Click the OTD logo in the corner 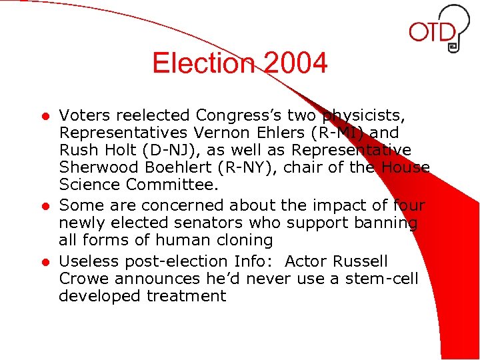tap(440, 30)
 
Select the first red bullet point tap(45, 117)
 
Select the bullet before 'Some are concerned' tap(45, 206)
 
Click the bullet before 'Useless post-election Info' tap(45, 261)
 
